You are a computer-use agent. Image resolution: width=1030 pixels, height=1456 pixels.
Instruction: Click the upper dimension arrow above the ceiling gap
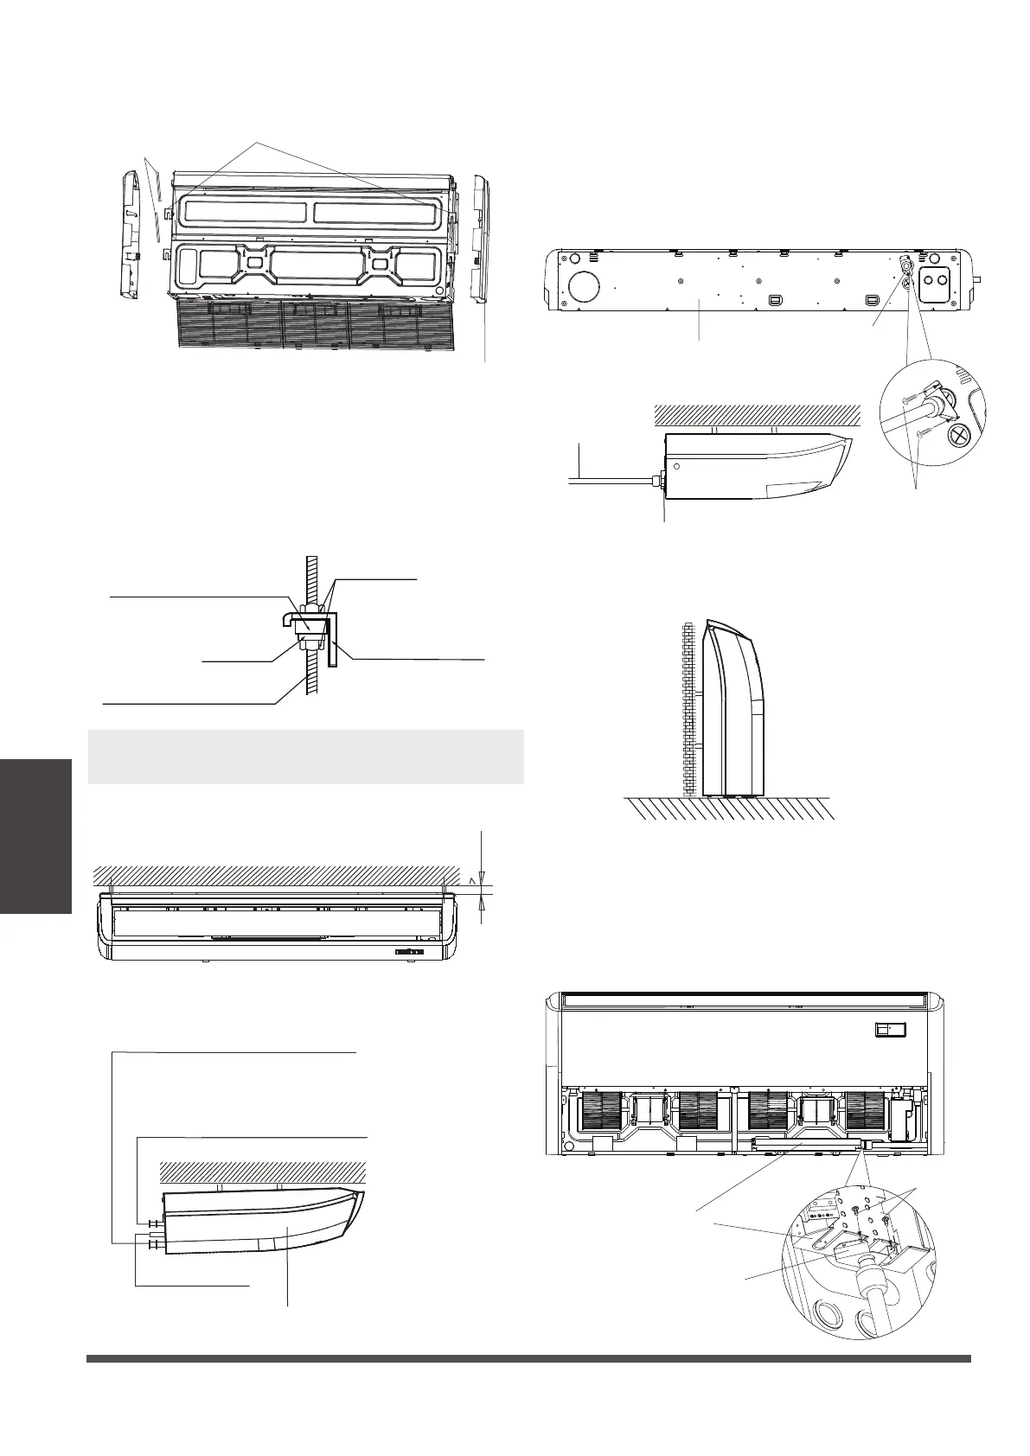(481, 875)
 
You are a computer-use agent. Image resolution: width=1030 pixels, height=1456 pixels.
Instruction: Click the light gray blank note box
(305, 757)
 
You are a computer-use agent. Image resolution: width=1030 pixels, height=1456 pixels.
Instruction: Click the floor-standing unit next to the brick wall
(733, 709)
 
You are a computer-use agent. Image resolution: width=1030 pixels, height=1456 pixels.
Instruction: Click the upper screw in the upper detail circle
(906, 399)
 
